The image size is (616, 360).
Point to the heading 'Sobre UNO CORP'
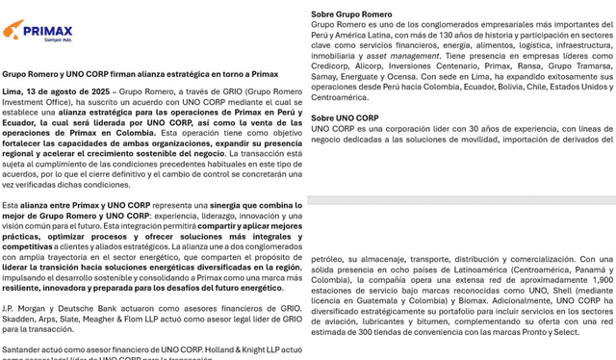click(x=345, y=117)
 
